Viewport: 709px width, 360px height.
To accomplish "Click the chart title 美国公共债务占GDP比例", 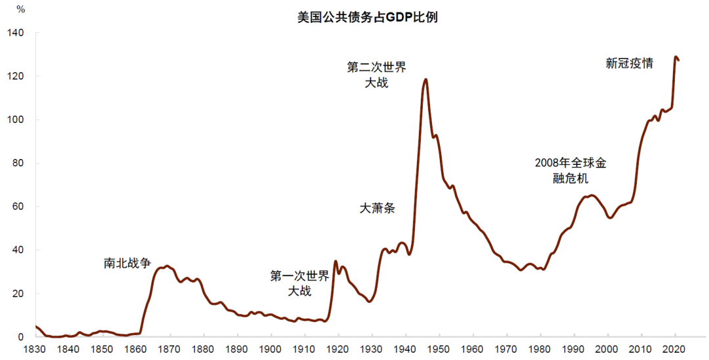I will [367, 17].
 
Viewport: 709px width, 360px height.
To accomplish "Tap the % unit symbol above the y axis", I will [20, 10].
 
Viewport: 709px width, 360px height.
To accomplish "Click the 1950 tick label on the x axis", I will [439, 349].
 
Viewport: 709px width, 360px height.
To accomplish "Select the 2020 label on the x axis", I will [675, 349].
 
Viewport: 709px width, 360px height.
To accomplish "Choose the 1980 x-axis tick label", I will [540, 349].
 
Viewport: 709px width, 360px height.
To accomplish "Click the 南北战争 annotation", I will [127, 263].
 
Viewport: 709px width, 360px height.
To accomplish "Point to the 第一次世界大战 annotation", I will [299, 283].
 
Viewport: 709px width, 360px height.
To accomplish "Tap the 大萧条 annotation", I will [377, 208].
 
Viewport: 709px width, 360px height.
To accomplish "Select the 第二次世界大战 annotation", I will [377, 75].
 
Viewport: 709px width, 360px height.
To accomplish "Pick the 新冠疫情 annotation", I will [629, 64].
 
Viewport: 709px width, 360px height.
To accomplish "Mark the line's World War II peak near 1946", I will [426, 79].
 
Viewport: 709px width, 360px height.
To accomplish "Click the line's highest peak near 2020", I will [676, 57].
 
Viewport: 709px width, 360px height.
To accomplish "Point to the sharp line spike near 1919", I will [336, 261].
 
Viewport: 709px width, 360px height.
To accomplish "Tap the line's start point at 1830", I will [36, 326].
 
